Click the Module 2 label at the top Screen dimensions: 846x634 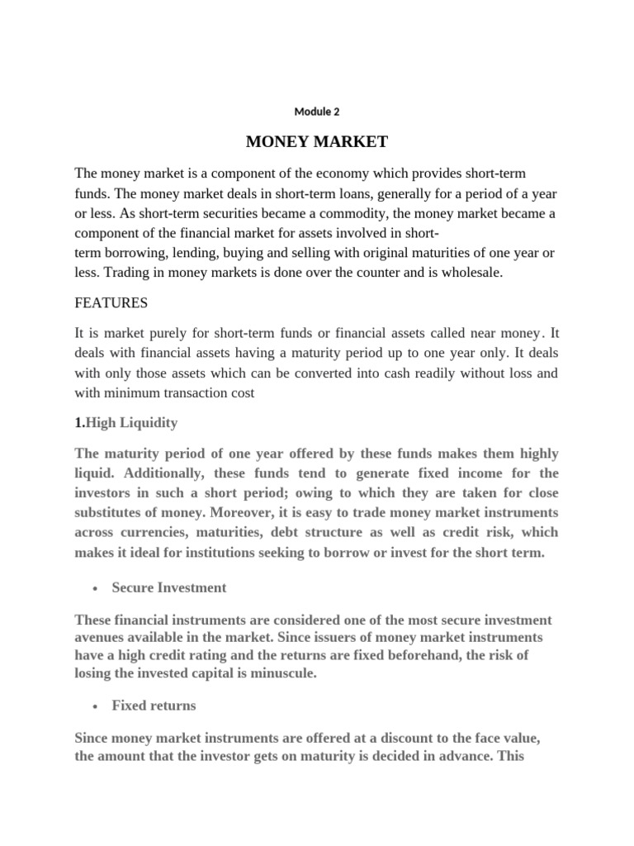[317, 112]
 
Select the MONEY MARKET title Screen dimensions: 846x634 [317, 142]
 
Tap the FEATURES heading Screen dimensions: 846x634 [111, 303]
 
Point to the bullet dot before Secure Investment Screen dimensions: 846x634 [97, 588]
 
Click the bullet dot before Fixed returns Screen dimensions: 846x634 [97, 706]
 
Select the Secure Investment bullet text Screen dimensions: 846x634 [169, 588]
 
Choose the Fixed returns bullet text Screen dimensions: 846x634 [154, 706]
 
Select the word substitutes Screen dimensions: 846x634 [114, 513]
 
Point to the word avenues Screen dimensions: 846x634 [101, 636]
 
